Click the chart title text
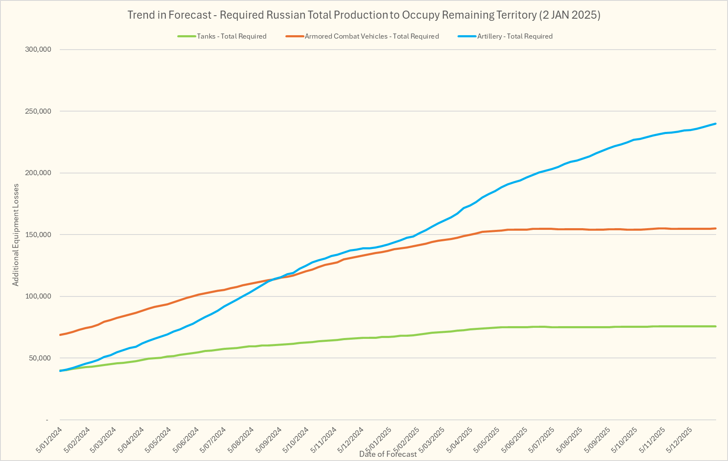coord(364,15)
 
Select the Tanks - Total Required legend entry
coord(232,36)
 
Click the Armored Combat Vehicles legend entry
coord(371,36)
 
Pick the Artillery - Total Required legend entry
coord(515,36)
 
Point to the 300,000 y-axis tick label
coord(39,50)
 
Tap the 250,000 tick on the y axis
coord(39,112)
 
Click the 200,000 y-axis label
coord(39,173)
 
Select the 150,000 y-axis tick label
coord(39,235)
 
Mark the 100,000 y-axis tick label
coord(39,296)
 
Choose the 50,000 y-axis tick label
coord(40,358)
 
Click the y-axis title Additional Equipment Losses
coord(16,235)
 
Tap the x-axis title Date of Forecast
coord(388,454)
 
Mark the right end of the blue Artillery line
coord(716,124)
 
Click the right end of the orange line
coord(716,229)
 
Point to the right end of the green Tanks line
coord(716,326)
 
